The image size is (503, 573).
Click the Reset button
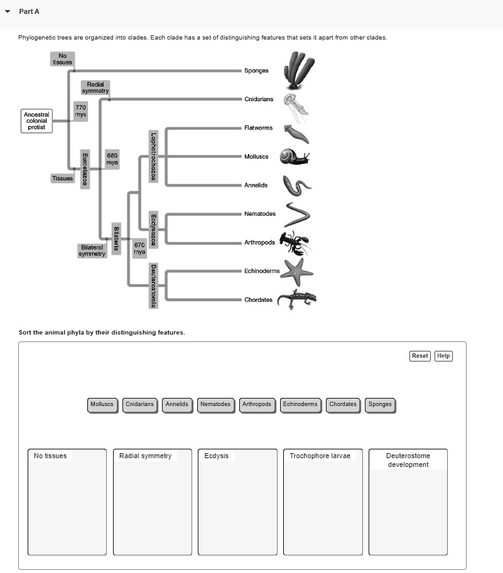coord(419,356)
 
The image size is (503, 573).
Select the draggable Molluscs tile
coord(102,404)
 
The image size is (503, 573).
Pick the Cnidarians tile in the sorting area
coord(139,404)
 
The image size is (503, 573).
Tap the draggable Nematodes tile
coord(215,404)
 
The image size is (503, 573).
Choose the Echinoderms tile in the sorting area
coord(300,404)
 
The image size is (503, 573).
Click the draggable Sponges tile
coord(380,404)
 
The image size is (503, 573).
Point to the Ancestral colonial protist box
coord(36,120)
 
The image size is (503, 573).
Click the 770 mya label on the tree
coord(80,111)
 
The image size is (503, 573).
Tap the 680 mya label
coord(112,158)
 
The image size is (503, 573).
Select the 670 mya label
coord(139,248)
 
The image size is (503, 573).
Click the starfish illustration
coord(296,272)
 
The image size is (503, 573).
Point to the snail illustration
coord(294,156)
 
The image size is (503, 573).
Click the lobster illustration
coord(294,242)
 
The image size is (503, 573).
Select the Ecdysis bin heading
coord(217,456)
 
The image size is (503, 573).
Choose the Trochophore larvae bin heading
coord(320,456)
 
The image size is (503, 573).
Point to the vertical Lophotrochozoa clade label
coord(153,156)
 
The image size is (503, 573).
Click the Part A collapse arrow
coord(7,12)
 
